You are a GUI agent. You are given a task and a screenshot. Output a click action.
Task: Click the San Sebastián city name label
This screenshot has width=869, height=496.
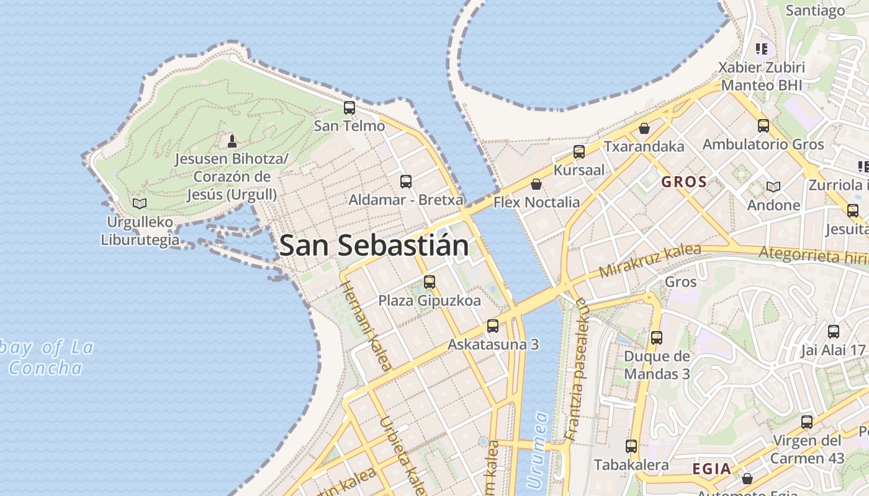(x=374, y=246)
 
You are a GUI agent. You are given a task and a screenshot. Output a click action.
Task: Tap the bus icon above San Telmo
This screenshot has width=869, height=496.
(x=349, y=108)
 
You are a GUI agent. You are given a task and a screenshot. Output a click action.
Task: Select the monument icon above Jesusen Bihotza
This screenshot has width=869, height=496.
(x=232, y=141)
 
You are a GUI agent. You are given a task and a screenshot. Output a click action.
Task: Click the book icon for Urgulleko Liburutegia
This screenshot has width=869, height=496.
(x=140, y=203)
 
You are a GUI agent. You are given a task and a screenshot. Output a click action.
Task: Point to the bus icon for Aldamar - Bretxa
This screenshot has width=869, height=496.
(x=406, y=182)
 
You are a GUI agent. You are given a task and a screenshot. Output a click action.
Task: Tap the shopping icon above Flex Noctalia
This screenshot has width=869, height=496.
(x=536, y=184)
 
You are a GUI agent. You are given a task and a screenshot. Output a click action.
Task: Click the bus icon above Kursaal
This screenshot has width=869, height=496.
(x=579, y=152)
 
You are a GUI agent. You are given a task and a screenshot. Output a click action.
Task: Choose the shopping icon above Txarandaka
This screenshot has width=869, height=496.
(x=645, y=128)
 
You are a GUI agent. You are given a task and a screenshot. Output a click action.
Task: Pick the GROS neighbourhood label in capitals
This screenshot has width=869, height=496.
(x=684, y=182)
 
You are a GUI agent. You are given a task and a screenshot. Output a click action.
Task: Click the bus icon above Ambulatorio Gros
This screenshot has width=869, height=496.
(x=763, y=126)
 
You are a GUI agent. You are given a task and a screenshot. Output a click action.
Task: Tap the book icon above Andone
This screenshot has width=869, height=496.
(x=773, y=187)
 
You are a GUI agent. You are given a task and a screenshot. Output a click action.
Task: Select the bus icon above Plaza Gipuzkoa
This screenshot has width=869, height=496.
(x=430, y=283)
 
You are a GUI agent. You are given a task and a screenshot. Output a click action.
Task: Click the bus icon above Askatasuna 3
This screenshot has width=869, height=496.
(x=493, y=326)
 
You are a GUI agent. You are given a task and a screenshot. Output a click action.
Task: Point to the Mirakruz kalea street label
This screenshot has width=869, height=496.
(x=650, y=261)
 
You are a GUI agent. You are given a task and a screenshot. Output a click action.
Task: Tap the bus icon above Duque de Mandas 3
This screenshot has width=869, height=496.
(x=657, y=338)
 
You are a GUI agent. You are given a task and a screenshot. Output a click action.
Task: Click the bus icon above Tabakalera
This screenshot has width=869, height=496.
(x=631, y=446)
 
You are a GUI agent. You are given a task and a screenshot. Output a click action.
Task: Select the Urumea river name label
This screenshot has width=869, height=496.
(x=538, y=449)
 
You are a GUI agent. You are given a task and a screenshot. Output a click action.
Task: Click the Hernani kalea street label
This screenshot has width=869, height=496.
(x=366, y=326)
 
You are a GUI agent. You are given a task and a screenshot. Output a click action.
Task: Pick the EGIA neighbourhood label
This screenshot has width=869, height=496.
(x=712, y=469)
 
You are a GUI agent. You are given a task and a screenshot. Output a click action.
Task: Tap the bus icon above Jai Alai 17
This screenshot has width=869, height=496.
(x=834, y=332)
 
